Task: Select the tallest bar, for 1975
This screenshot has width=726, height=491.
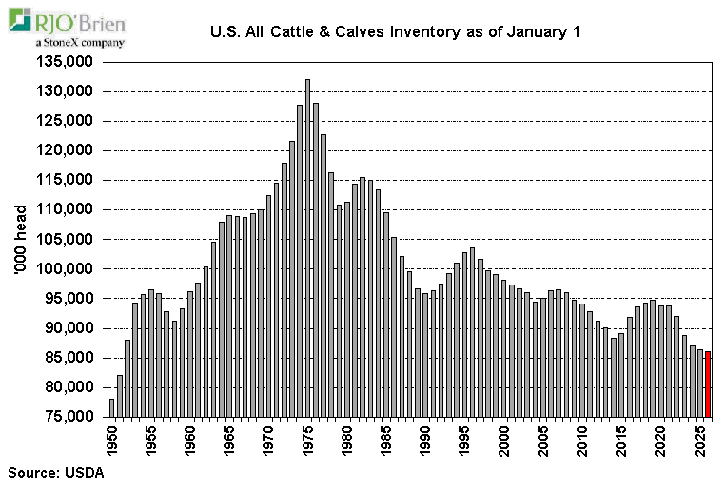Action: (307, 248)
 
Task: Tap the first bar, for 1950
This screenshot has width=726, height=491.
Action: (112, 407)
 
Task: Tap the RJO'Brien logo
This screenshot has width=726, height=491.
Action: (67, 22)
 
